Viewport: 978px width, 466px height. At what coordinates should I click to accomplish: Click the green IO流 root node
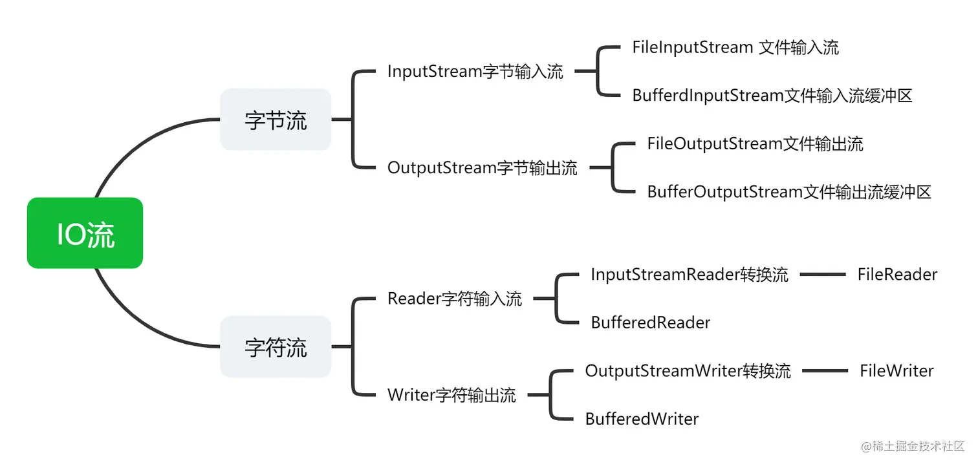point(85,233)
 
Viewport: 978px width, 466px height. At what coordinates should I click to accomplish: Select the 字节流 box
point(276,120)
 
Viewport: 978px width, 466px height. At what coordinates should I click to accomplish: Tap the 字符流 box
point(276,347)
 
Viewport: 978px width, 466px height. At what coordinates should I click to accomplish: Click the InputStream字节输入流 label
point(475,72)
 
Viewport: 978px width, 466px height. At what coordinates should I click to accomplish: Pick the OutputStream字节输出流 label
point(482,168)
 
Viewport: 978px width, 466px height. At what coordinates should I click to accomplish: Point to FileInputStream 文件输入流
point(735,47)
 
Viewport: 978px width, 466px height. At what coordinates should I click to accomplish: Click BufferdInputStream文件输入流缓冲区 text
point(772,96)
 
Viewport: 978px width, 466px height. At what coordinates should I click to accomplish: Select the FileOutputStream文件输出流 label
point(755,143)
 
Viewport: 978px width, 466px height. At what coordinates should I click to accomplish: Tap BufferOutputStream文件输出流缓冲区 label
point(788,192)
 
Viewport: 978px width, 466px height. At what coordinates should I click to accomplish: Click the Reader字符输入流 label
point(454,299)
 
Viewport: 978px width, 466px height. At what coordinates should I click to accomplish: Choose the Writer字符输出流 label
point(451,395)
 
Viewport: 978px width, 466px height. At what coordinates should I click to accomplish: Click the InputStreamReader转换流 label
point(689,275)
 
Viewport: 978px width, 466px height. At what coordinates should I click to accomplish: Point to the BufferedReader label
point(650,323)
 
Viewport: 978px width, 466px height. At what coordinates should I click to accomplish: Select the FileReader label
point(896,275)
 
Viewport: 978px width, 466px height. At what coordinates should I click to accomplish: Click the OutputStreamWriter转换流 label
point(688,371)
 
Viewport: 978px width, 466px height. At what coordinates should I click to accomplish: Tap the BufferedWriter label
point(642,419)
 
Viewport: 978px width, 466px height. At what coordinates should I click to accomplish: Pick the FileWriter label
point(896,371)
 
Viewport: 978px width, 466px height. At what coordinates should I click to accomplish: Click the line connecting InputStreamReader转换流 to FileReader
point(822,275)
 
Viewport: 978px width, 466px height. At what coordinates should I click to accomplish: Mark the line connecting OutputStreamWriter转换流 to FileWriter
point(825,371)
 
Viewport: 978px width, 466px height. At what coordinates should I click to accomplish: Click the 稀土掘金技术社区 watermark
point(913,447)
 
